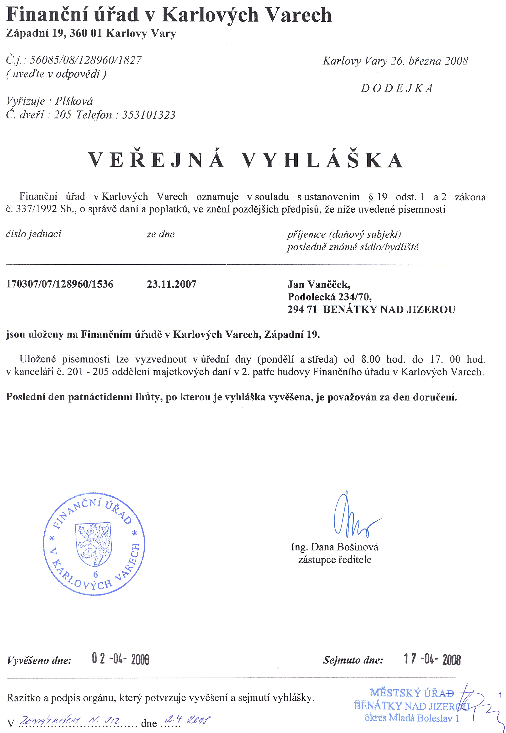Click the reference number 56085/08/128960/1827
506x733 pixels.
coord(86,60)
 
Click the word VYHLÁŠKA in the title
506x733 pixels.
coord(322,160)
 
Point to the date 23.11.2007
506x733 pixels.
coord(172,284)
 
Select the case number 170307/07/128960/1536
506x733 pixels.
coord(60,284)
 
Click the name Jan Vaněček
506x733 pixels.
coord(319,284)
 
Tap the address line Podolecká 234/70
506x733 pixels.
coord(330,297)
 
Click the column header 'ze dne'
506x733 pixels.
coord(160,234)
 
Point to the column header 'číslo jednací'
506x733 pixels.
coord(34,234)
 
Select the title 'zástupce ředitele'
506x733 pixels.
coord(334,560)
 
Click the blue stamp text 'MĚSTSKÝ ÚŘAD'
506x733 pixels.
coord(411,693)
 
